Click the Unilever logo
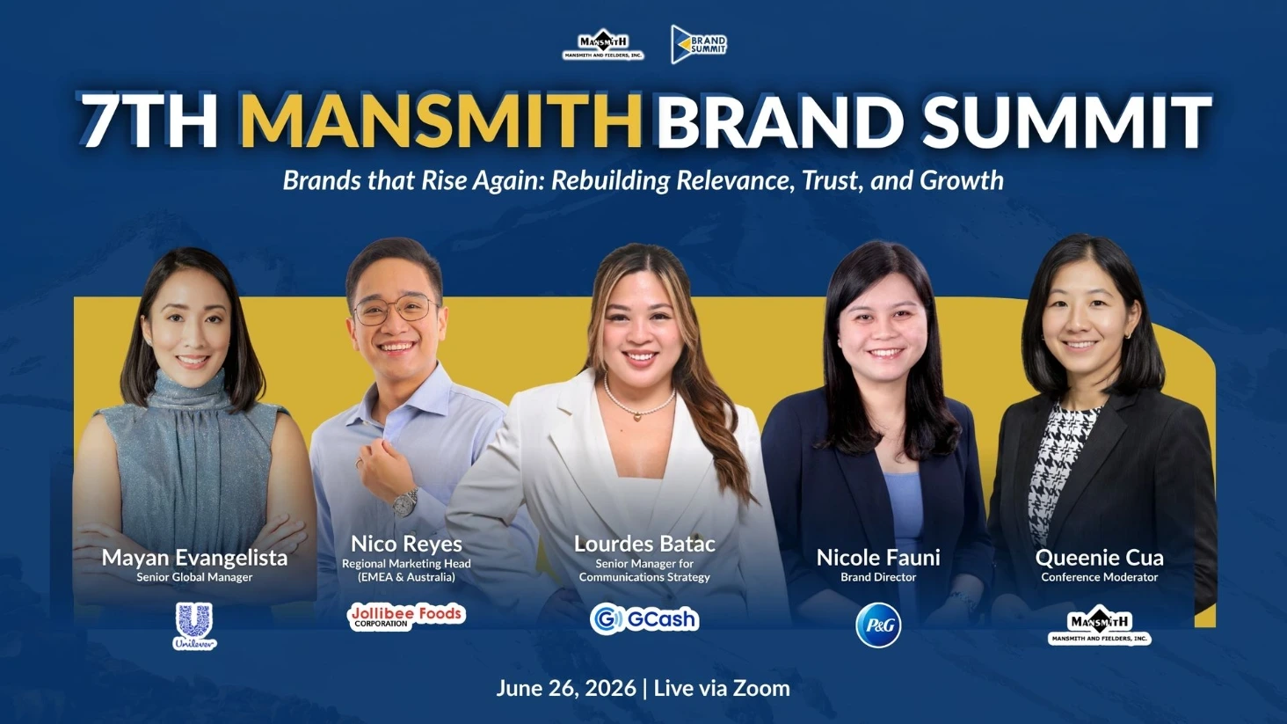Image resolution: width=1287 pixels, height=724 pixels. coord(195,626)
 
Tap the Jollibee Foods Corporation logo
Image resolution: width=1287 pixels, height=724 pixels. coord(407,617)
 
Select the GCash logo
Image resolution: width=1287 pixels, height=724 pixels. coord(644,618)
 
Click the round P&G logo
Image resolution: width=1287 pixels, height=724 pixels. coord(878,625)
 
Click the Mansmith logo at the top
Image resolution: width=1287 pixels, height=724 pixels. coord(603,44)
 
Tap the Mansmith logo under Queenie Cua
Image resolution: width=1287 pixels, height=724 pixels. coord(1099,625)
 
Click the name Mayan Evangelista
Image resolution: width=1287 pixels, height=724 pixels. coord(195,558)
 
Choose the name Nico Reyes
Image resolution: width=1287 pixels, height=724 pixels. coord(406,544)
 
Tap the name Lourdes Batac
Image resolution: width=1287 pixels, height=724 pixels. coord(644,544)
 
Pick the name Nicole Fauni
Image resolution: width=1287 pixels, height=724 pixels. coord(878,558)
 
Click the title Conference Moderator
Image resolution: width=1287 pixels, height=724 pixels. coord(1099,577)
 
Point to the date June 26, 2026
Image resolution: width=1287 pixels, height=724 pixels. coord(566,688)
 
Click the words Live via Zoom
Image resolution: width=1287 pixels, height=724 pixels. coord(722,688)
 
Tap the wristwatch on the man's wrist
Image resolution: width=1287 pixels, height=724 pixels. coord(405,501)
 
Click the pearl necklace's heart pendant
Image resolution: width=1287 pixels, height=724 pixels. coord(637,416)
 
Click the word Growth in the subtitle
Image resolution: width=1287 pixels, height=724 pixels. coord(962,180)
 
